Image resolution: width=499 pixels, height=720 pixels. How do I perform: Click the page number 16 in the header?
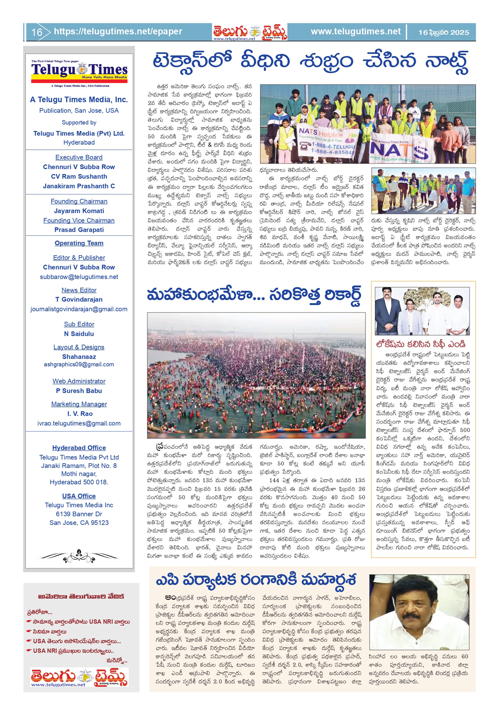click(x=36, y=32)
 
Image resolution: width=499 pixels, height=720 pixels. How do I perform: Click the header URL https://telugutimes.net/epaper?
click(x=118, y=31)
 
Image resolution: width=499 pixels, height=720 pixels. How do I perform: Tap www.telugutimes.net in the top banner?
click(x=355, y=31)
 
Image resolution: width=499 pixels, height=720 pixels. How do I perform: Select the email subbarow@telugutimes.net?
click(x=79, y=277)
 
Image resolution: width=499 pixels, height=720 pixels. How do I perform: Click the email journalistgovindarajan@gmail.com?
click(x=79, y=309)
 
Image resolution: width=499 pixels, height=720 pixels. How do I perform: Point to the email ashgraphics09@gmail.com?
click(x=79, y=364)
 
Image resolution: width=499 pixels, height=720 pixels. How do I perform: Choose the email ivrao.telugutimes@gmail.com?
click(x=79, y=423)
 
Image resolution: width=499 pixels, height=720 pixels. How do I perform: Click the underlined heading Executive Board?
click(x=79, y=157)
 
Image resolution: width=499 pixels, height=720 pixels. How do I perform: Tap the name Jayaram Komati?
click(x=79, y=211)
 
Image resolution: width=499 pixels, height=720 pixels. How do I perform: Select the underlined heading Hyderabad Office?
click(x=79, y=448)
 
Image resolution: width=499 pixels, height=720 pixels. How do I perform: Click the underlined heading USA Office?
click(x=79, y=496)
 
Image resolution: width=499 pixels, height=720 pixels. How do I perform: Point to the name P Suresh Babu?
click(x=79, y=391)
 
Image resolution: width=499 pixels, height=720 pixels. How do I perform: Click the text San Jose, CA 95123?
click(x=79, y=523)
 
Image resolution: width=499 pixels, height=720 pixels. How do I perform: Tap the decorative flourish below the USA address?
click(x=79, y=557)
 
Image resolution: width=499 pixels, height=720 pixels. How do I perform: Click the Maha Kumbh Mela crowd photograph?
click(x=256, y=375)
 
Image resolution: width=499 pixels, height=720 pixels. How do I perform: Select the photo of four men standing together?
click(x=422, y=310)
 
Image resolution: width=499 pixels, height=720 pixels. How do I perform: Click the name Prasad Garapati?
click(x=79, y=230)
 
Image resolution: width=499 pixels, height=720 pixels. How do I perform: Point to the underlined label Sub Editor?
click(x=79, y=324)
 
